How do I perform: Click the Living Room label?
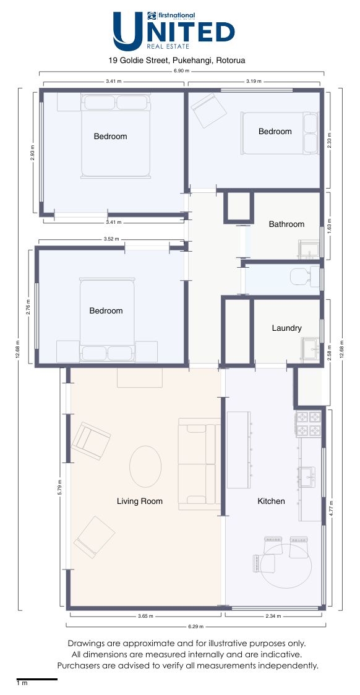(140, 501)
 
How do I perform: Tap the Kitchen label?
(272, 501)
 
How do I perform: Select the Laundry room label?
(287, 328)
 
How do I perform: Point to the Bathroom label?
(287, 224)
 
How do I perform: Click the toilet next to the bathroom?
(305, 276)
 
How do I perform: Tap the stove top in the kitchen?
(309, 424)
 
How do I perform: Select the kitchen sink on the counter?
(307, 477)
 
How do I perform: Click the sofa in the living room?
(200, 464)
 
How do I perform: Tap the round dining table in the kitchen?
(286, 566)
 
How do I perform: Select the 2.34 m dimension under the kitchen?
(273, 616)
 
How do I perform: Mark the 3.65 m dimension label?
(145, 616)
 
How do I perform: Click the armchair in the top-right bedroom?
(209, 109)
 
